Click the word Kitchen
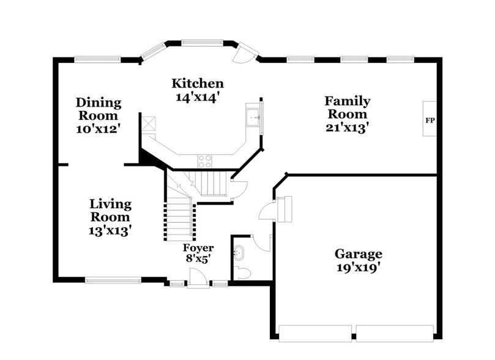coord(197,83)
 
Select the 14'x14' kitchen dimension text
coord(197,96)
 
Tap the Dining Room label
coord(98,109)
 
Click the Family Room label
coord(347,107)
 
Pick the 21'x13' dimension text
coord(347,127)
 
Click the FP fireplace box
coord(430,119)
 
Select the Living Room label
coord(110,210)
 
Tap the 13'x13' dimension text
coord(110,230)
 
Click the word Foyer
coord(198,248)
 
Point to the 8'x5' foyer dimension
coord(198,260)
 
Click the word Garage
coord(358,253)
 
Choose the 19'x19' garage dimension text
coord(358,268)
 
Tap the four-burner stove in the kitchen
coord(204,161)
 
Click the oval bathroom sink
coord(239,252)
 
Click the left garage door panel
coord(314,334)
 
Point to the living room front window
coord(113,281)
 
